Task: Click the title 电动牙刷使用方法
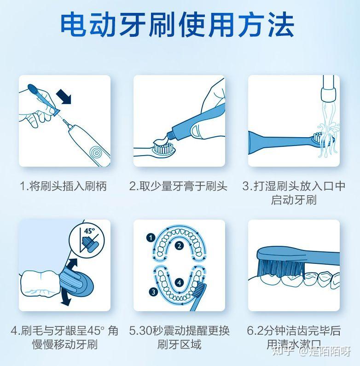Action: [177, 25]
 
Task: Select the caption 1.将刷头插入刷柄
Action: [64, 186]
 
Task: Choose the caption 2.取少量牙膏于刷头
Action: [178, 186]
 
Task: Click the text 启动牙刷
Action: [294, 200]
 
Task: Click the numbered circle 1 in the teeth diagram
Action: [149, 238]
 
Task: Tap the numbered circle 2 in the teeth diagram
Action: [179, 245]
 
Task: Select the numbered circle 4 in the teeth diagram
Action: [179, 282]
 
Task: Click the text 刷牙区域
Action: [179, 344]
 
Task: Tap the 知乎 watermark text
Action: [281, 352]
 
